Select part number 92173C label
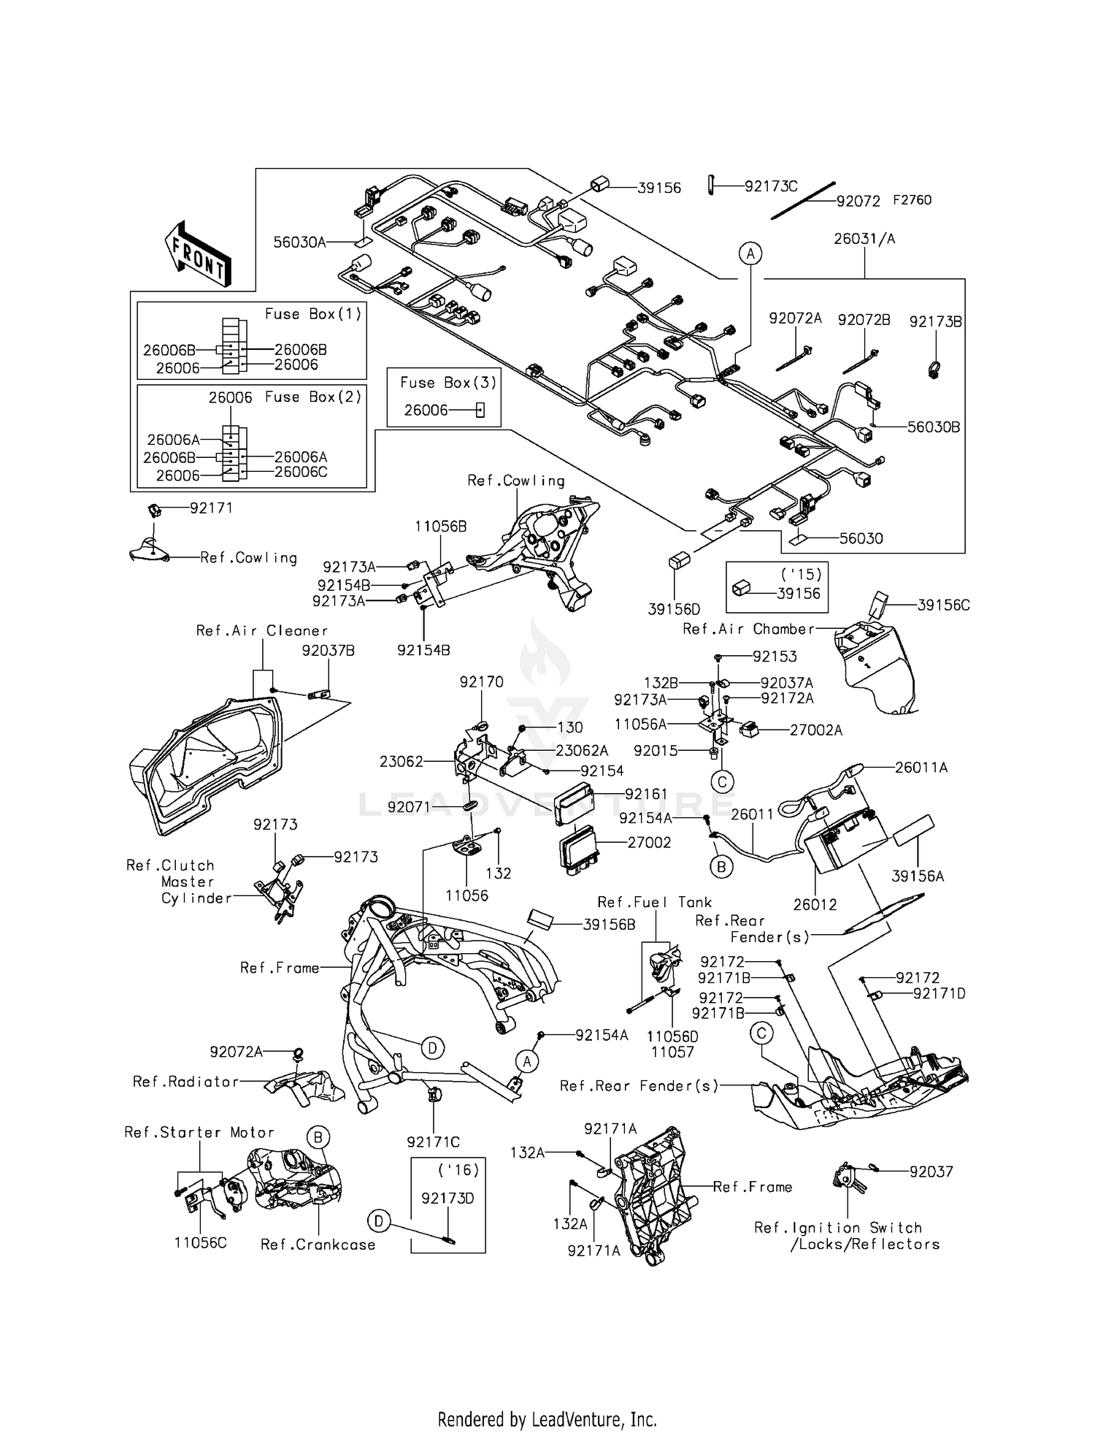pyautogui.click(x=770, y=186)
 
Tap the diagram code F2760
pyautogui.click(x=912, y=200)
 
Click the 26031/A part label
pyautogui.click(x=864, y=239)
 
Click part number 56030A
pyautogui.click(x=299, y=242)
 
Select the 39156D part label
pyautogui.click(x=674, y=609)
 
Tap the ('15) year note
pyautogui.click(x=801, y=575)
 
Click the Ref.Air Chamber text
pyautogui.click(x=748, y=629)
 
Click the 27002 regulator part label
pyautogui.click(x=649, y=842)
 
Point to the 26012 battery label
pyautogui.click(x=815, y=904)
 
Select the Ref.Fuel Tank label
pyautogui.click(x=654, y=902)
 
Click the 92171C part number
pyautogui.click(x=434, y=1142)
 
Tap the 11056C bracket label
pyautogui.click(x=200, y=1242)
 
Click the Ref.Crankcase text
pyautogui.click(x=318, y=1245)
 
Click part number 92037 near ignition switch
pyautogui.click(x=931, y=1172)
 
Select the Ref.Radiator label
pyautogui.click(x=185, y=1082)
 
